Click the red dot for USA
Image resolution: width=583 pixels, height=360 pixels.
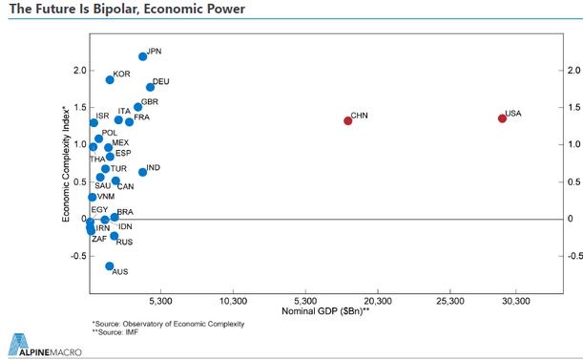pyautogui.click(x=502, y=117)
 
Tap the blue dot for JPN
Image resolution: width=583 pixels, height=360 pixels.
pyautogui.click(x=143, y=56)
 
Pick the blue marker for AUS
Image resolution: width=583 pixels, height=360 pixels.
pyautogui.click(x=110, y=266)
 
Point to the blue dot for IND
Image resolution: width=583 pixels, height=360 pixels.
pyautogui.click(x=142, y=172)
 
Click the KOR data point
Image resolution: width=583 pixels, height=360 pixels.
pyautogui.click(x=110, y=80)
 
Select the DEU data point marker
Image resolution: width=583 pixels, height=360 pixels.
pyautogui.click(x=150, y=87)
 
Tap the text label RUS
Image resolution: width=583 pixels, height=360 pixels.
pyautogui.click(x=124, y=243)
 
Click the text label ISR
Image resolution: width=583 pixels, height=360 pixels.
pyautogui.click(x=103, y=116)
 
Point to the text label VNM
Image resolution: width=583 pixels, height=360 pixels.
pyautogui.click(x=106, y=196)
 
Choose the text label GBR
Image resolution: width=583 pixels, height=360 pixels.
pyautogui.click(x=149, y=101)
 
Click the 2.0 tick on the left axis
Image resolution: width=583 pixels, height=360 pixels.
pyautogui.click(x=79, y=71)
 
